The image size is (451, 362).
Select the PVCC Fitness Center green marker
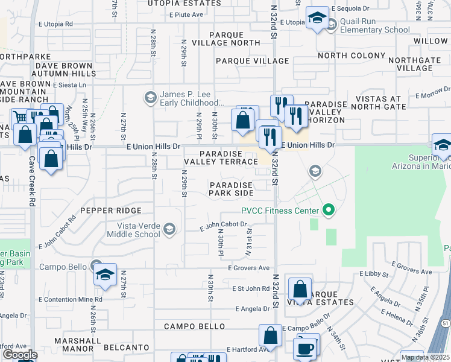tap(328, 211)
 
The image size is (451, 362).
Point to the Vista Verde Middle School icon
tap(169, 227)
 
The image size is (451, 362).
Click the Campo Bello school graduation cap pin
tap(105, 275)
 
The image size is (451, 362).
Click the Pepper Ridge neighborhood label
tap(111, 211)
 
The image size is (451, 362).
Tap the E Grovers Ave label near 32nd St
tap(248, 268)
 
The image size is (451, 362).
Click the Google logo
tap(20, 355)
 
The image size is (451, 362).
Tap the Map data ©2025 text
tap(424, 357)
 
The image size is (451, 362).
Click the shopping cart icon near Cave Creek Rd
tap(20, 118)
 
